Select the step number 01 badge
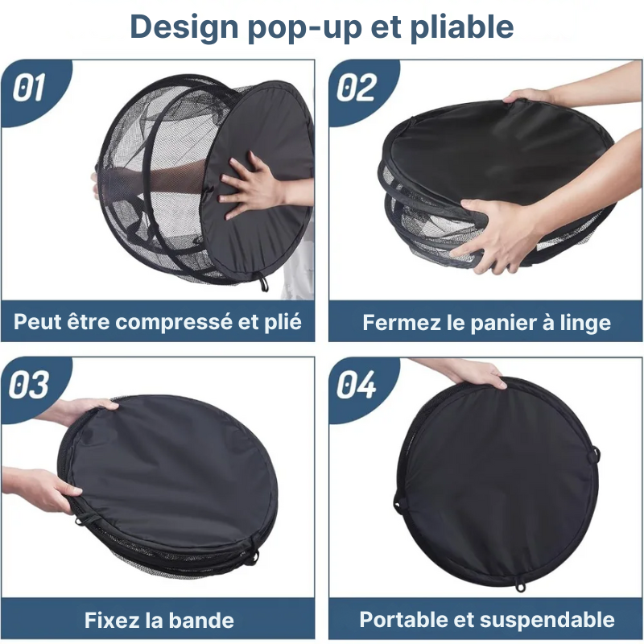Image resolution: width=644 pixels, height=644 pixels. (30, 88)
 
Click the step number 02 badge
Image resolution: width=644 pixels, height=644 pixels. (357, 88)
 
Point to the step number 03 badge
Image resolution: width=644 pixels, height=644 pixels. (30, 386)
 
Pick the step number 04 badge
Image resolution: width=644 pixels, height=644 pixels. (357, 386)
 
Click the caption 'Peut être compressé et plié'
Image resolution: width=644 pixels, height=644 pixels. (158, 323)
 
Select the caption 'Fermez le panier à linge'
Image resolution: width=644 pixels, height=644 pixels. (486, 323)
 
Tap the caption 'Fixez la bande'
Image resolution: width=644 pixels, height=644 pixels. (159, 621)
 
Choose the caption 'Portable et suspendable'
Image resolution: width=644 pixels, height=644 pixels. (486, 620)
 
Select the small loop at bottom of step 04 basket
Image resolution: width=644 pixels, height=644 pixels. (521, 585)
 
